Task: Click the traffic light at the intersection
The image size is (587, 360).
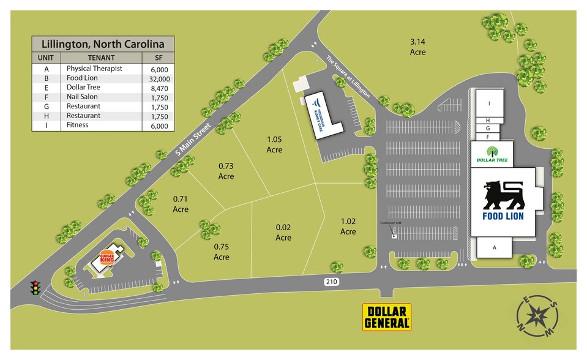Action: click(x=35, y=288)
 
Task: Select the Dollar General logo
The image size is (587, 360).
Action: click(x=386, y=317)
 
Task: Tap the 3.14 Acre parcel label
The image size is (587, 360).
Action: click(x=417, y=47)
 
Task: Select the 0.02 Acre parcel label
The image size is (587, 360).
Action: click(x=283, y=233)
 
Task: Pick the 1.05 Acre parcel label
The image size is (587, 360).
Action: click(x=274, y=144)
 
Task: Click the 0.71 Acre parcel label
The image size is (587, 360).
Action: click(x=181, y=204)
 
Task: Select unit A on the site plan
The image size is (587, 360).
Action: click(x=494, y=247)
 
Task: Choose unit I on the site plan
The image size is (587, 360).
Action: click(x=489, y=103)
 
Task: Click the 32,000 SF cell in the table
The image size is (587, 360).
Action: click(x=159, y=78)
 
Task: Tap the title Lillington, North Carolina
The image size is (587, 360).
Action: click(x=103, y=44)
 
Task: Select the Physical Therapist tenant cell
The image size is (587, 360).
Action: click(x=94, y=69)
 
